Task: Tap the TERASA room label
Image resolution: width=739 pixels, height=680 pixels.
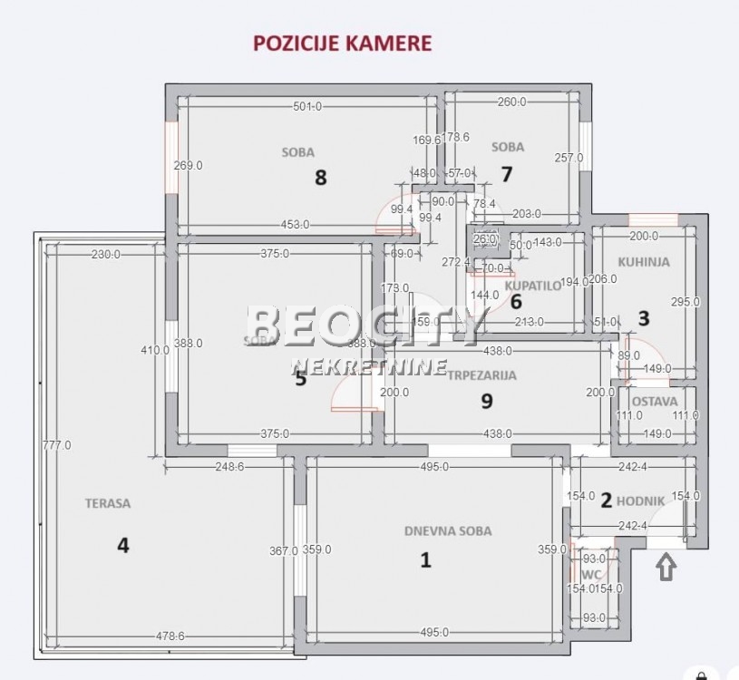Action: (x=108, y=502)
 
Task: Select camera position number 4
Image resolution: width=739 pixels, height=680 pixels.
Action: (x=122, y=545)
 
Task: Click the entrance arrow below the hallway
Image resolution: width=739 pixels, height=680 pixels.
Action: (x=666, y=568)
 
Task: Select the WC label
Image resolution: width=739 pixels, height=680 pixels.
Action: (x=591, y=575)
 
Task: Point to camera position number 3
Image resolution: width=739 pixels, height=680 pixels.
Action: (x=644, y=318)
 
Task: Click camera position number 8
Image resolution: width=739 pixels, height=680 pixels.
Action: (x=320, y=177)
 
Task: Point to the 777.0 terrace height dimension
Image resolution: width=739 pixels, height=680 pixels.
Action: (x=56, y=445)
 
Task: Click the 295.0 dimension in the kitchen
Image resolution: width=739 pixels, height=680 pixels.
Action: (x=685, y=302)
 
